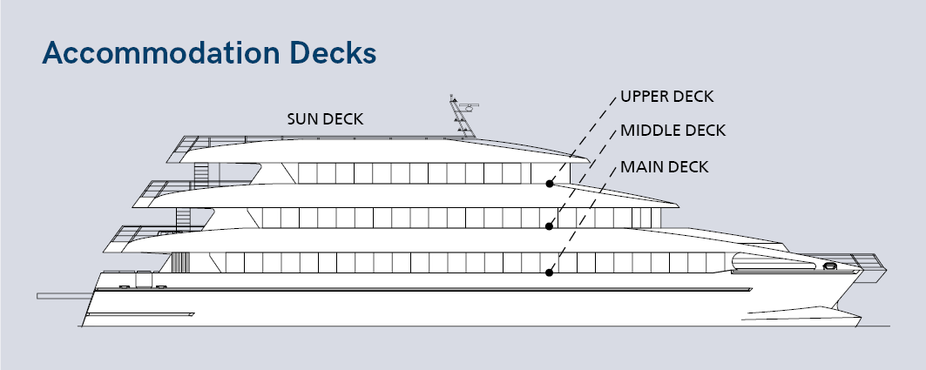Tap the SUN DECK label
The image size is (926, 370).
(325, 118)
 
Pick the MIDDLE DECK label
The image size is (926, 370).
(673, 131)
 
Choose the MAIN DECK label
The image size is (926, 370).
(663, 166)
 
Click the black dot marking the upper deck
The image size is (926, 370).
(550, 184)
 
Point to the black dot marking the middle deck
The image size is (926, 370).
(550, 226)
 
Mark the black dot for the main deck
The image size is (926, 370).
(550, 272)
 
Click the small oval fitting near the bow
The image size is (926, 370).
(828, 266)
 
